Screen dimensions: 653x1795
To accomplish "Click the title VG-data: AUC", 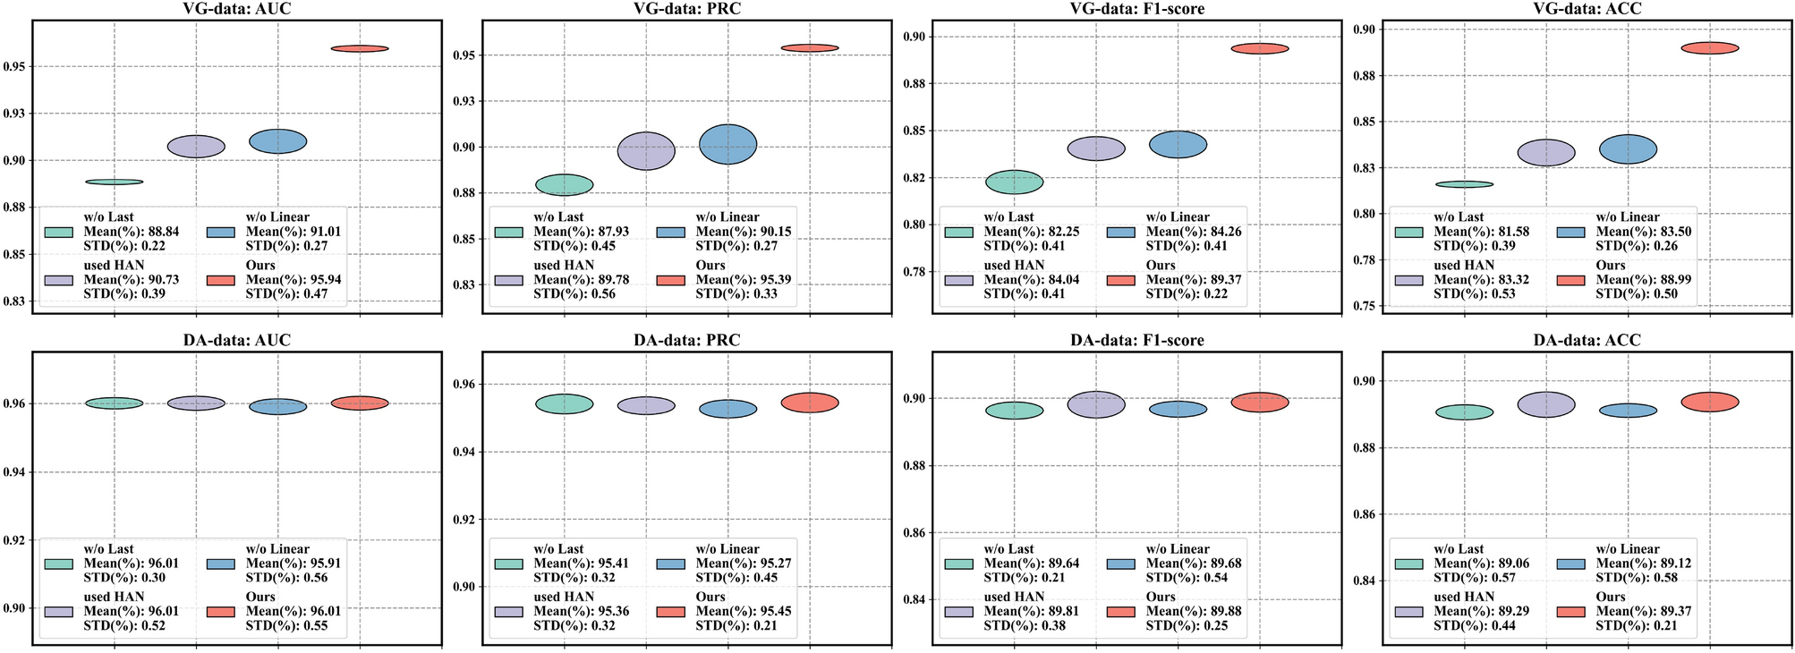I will [x=236, y=9].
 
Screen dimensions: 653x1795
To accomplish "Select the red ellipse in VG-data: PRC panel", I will [x=810, y=47].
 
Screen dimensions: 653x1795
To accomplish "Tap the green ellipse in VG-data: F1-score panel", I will [x=1014, y=182].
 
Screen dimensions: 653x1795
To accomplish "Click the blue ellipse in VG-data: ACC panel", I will [x=1628, y=149].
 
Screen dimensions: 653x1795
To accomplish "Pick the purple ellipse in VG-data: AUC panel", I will [x=196, y=147].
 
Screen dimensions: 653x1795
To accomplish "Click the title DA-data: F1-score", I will [x=1136, y=341].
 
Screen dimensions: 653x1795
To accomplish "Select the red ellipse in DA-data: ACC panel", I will [x=1710, y=402].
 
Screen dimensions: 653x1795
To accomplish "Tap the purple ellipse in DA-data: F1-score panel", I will [x=1096, y=404].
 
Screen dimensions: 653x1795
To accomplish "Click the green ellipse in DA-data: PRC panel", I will [x=564, y=403].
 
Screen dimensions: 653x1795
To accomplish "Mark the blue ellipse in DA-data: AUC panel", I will [x=278, y=407].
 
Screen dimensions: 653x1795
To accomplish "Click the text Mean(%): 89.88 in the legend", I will [x=1194, y=612].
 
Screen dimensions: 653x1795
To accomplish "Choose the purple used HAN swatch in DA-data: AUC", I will [x=58, y=612].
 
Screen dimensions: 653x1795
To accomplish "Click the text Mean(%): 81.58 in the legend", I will [x=1481, y=232].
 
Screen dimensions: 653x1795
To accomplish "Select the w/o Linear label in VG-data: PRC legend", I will [x=727, y=217].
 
